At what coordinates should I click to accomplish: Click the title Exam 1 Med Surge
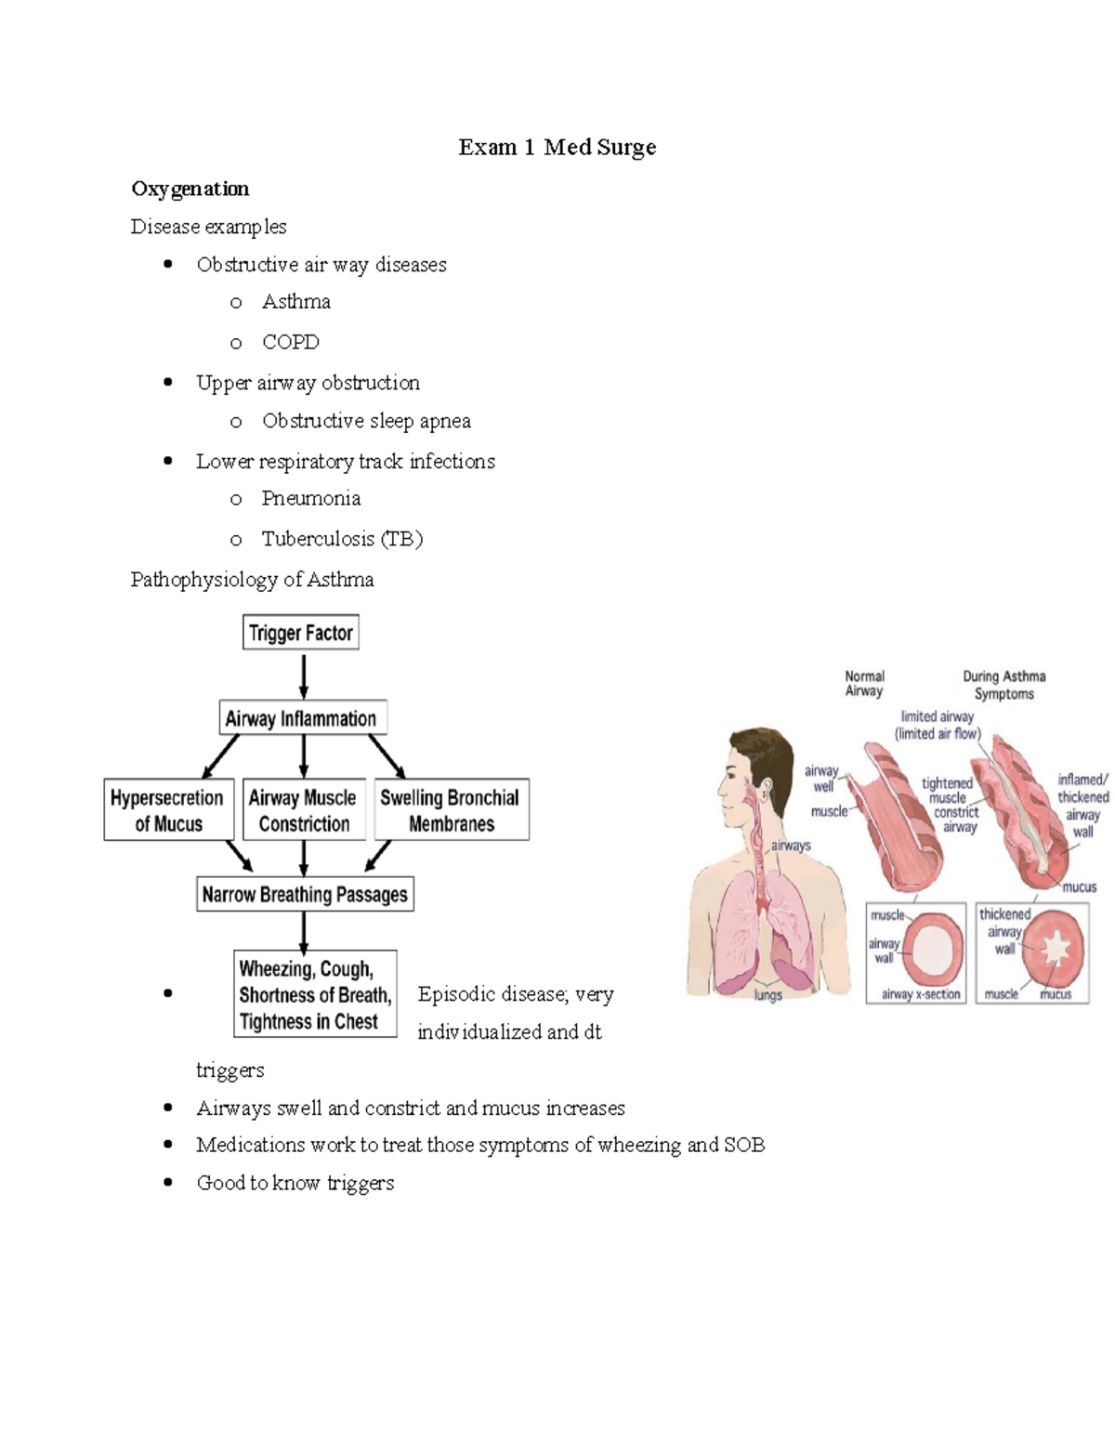pyautogui.click(x=557, y=148)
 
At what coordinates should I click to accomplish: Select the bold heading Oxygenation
pyautogui.click(x=190, y=189)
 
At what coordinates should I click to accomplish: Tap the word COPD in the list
pyautogui.click(x=290, y=342)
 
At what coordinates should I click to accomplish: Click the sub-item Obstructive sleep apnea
pyautogui.click(x=366, y=421)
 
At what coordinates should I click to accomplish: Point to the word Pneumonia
pyautogui.click(x=310, y=498)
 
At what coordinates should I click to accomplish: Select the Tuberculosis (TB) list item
pyautogui.click(x=341, y=539)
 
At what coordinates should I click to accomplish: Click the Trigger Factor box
pyautogui.click(x=300, y=633)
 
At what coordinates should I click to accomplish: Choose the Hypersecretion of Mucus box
pyautogui.click(x=167, y=810)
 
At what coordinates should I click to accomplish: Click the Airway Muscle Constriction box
pyautogui.click(x=303, y=810)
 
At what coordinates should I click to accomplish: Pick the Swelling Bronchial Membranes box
pyautogui.click(x=451, y=810)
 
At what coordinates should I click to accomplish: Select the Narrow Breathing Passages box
pyautogui.click(x=305, y=895)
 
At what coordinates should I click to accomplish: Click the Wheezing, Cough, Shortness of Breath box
pyautogui.click(x=315, y=994)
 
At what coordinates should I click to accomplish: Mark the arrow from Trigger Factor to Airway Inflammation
pyautogui.click(x=304, y=676)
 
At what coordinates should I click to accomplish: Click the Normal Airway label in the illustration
pyautogui.click(x=864, y=684)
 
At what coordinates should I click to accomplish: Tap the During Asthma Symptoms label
pyautogui.click(x=1003, y=685)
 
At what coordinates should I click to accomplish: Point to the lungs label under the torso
pyautogui.click(x=767, y=995)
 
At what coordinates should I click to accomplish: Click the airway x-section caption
pyautogui.click(x=920, y=994)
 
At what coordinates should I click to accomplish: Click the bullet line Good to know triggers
pyautogui.click(x=295, y=1183)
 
